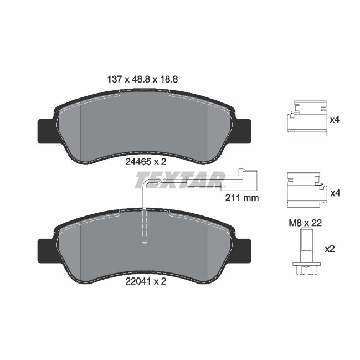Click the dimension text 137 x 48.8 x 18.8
pos(142,79)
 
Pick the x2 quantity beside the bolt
pos(330,249)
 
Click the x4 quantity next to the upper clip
pos(335,119)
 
